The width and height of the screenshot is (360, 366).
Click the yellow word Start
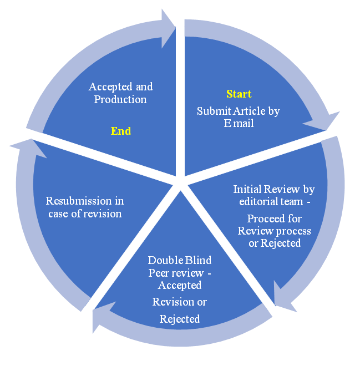[239, 94]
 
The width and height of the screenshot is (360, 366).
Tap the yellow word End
[120, 131]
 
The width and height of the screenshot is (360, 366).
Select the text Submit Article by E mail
[239, 117]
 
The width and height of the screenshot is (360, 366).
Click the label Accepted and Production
[120, 93]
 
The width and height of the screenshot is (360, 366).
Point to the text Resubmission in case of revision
[85, 207]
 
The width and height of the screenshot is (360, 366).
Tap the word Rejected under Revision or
[179, 319]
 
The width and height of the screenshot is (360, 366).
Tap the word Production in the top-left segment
[120, 99]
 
